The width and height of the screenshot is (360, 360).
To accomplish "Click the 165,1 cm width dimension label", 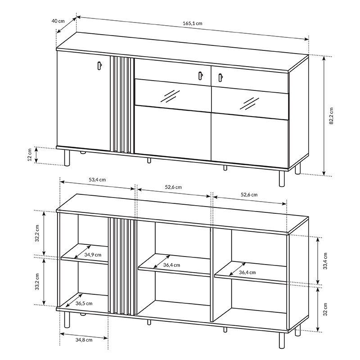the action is point(193,23).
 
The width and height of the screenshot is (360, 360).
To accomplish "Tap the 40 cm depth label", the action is point(58,21).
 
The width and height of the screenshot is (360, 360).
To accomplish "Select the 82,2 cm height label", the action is point(331,116).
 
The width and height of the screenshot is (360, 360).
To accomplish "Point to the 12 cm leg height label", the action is point(30,155).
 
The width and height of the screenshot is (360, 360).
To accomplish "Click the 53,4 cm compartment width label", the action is point(97,180).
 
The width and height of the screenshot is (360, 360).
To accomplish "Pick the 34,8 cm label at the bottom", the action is point(84,340).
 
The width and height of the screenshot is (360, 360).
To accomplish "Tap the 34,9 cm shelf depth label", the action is point(93,255).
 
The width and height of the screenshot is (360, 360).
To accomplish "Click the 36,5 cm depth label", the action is point(84,303).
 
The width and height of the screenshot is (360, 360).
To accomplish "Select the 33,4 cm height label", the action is point(325,261).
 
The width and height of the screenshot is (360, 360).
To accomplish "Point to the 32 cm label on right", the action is point(325,309).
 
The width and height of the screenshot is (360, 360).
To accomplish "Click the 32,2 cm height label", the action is point(37,233).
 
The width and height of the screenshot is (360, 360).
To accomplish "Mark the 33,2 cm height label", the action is point(37,282).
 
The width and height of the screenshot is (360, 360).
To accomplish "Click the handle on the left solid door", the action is point(99,65).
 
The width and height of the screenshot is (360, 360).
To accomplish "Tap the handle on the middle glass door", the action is point(200,76).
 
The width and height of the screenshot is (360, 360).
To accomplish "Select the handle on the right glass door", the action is point(220,77).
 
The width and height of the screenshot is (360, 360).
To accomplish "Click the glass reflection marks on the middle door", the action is point(170,96).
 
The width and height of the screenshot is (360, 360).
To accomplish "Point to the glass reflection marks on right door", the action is point(250,103).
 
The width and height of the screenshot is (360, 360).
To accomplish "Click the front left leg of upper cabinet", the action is point(67,158).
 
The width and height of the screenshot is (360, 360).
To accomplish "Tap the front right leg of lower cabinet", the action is point(282,340).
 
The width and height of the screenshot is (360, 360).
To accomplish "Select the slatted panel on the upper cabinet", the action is point(122,105).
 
